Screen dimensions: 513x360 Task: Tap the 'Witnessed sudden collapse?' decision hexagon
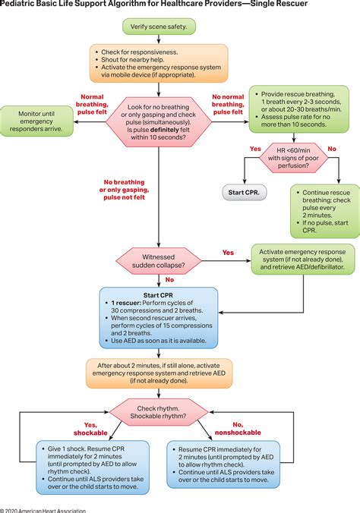[x=158, y=257]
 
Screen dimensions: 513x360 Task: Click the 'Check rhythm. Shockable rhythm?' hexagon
[x=158, y=411]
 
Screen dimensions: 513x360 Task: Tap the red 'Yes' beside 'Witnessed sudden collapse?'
[x=227, y=252]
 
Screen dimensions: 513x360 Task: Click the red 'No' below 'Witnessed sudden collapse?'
[x=159, y=279]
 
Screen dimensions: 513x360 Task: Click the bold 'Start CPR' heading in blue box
[x=158, y=295]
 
